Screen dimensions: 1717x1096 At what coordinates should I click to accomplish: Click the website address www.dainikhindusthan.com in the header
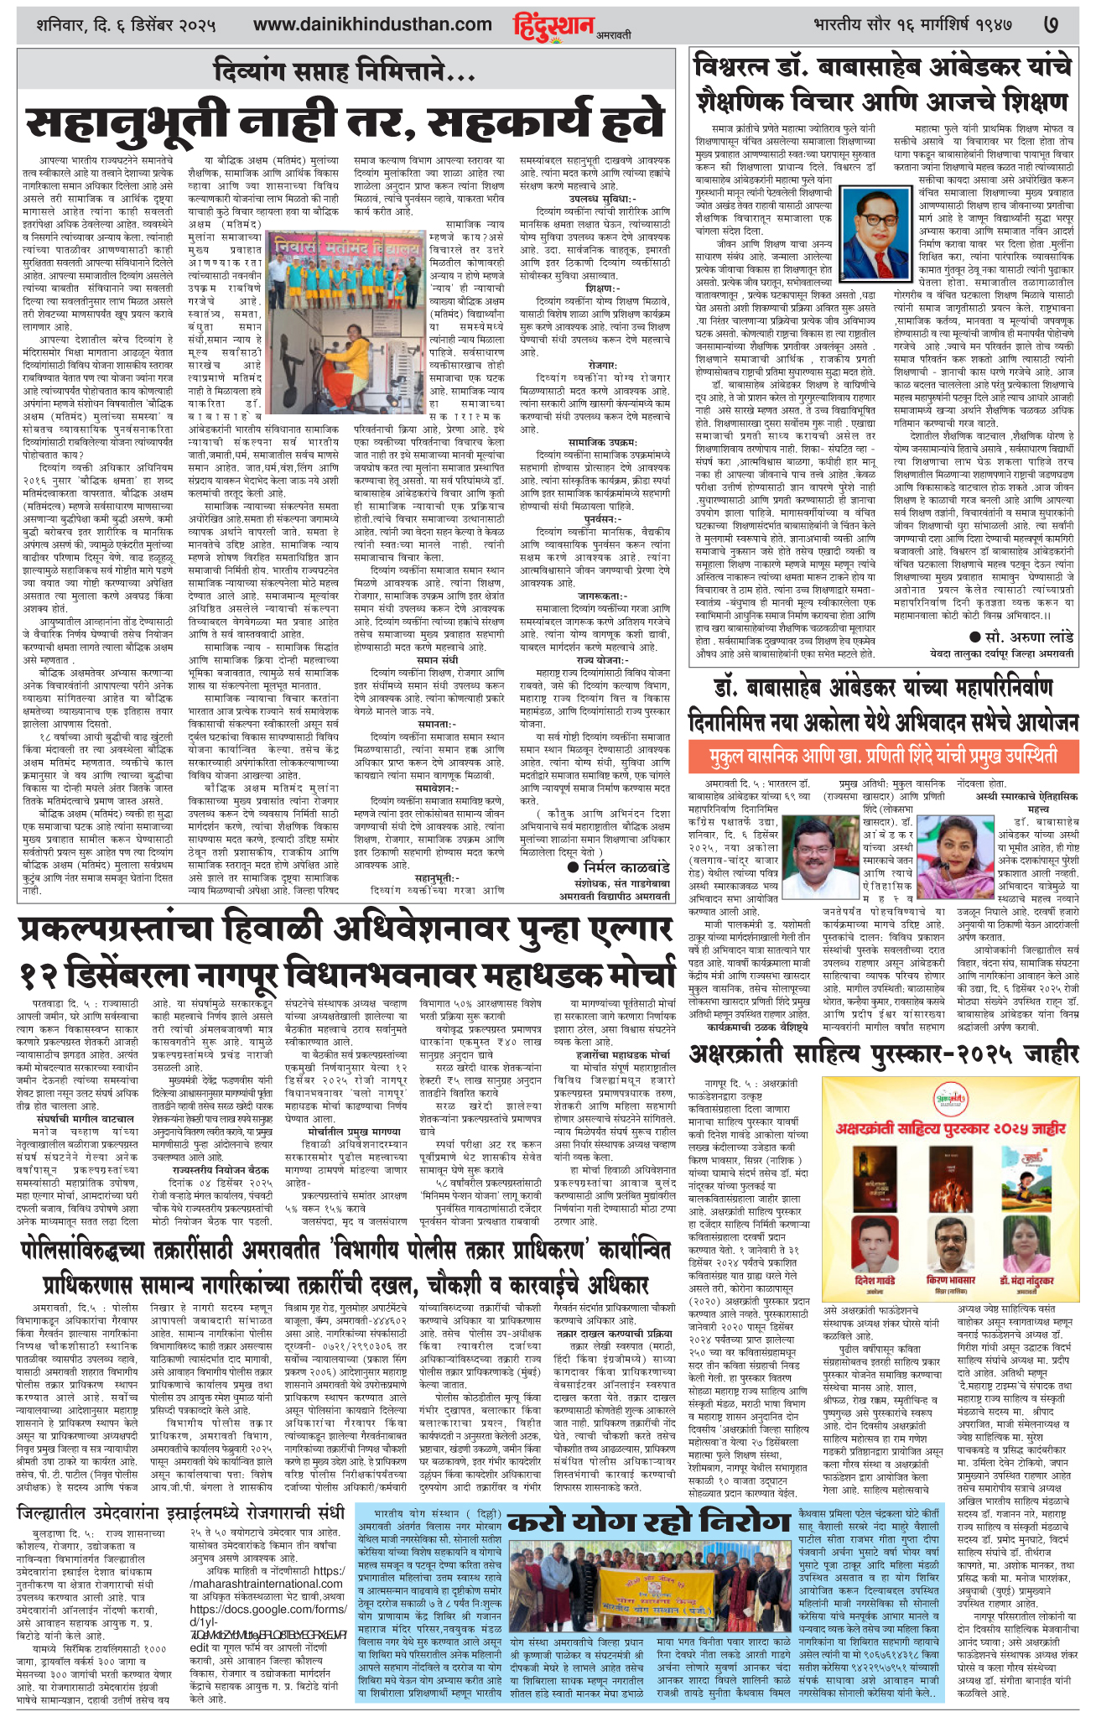372,25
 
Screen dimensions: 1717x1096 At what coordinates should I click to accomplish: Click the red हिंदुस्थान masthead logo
553,25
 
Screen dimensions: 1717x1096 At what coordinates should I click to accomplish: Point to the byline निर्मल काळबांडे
620,865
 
